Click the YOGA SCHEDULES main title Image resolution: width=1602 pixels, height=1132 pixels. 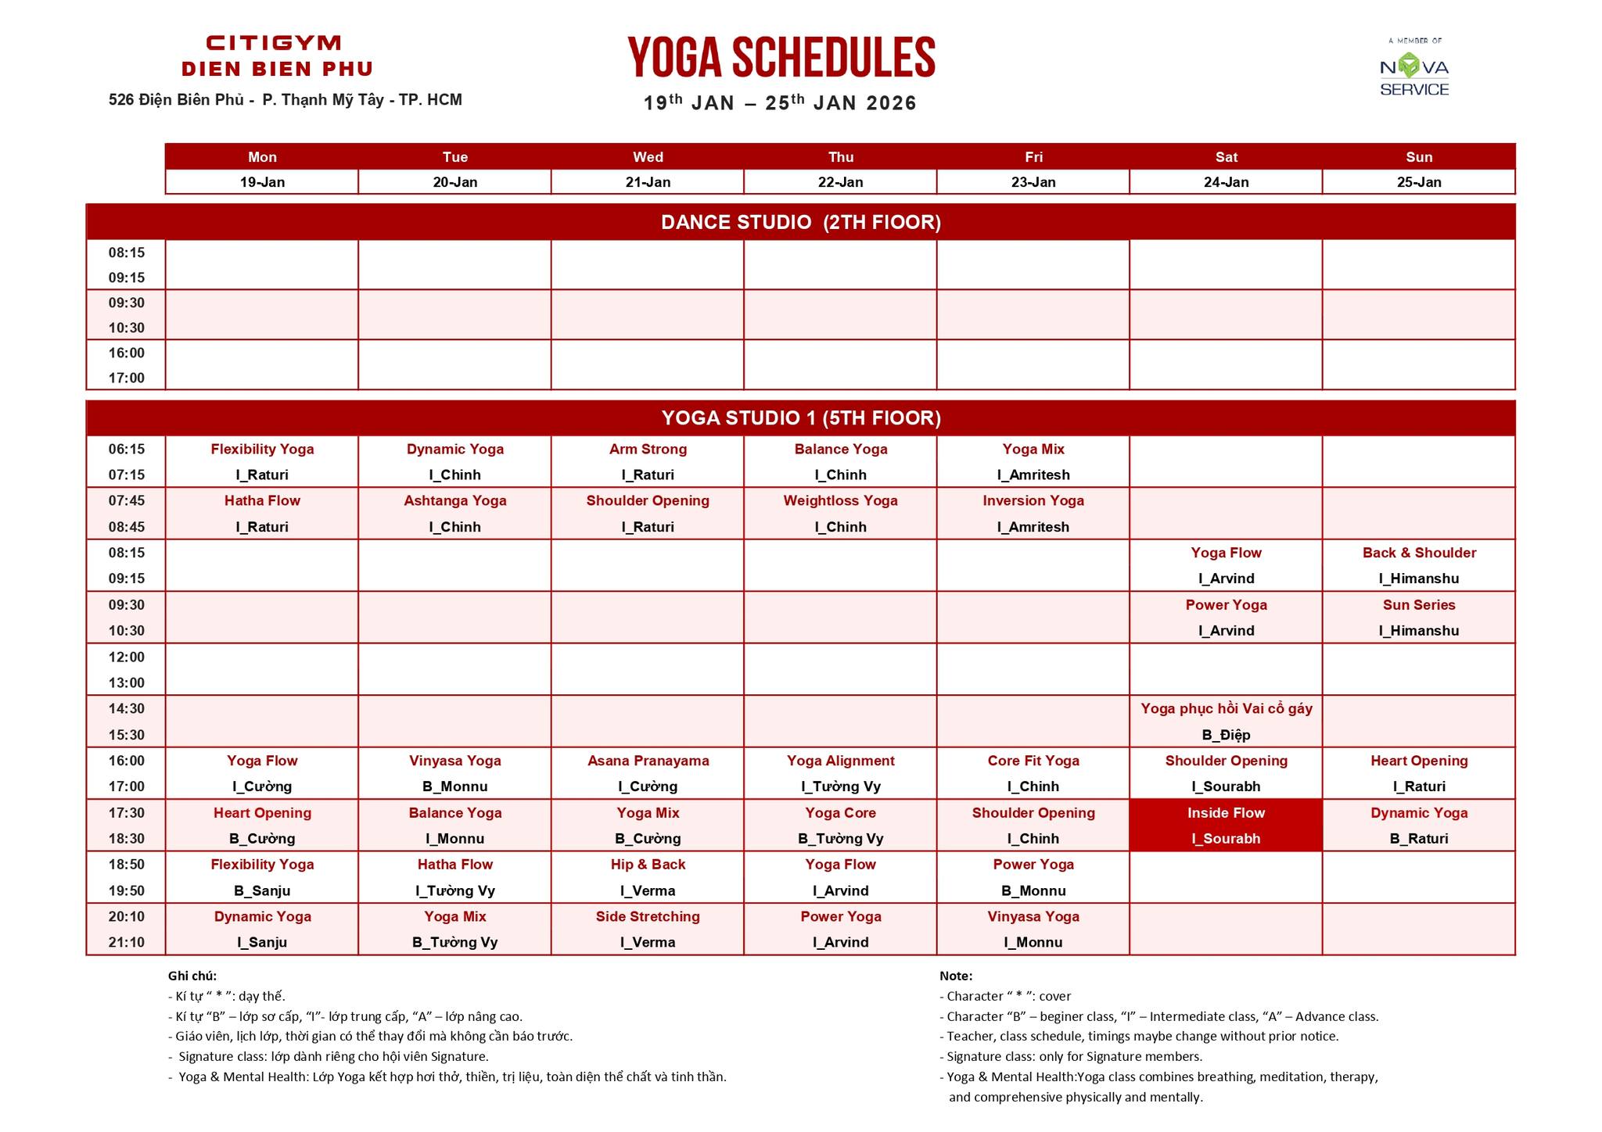point(781,58)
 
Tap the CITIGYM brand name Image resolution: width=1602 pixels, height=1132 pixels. point(274,43)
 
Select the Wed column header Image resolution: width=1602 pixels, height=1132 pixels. point(648,157)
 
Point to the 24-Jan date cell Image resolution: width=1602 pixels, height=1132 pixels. point(1226,182)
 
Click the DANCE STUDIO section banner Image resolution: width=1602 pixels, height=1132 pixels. point(800,223)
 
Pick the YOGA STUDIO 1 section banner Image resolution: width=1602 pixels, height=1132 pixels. point(800,418)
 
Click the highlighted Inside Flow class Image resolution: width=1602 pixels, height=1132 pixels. point(1226,825)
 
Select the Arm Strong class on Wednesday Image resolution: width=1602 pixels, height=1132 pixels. point(648,450)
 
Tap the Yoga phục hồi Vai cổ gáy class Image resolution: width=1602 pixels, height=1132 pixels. point(1226,709)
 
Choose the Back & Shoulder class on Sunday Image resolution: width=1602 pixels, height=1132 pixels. point(1419,553)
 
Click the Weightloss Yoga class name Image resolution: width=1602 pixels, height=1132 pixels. point(840,501)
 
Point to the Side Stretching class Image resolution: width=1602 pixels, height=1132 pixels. point(648,916)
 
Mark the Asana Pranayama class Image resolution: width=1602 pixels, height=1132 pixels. point(648,761)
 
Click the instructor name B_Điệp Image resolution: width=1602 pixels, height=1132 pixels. point(1226,735)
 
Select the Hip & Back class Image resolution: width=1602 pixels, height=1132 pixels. point(648,865)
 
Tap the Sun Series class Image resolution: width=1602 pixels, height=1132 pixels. point(1419,605)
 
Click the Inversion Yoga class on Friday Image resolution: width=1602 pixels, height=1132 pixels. point(1033,501)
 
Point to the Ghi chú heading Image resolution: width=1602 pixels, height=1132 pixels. point(192,976)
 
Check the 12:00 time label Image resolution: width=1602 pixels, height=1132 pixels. point(127,657)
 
